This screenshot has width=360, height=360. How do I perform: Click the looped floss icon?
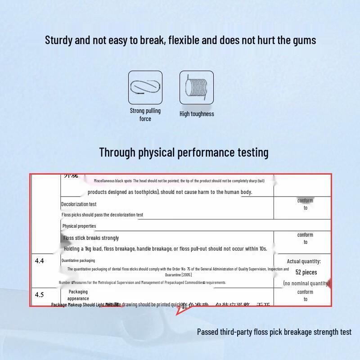pos(145,87)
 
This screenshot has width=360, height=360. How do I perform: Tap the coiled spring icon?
pos(197,87)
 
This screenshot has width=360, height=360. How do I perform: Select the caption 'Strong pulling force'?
pos(145,115)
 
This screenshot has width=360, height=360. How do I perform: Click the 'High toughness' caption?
pos(197,114)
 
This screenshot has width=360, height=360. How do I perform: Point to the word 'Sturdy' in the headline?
pos(58,40)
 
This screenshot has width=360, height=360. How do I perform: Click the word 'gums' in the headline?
pos(303,40)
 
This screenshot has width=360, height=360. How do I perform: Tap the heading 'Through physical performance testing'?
pos(184,153)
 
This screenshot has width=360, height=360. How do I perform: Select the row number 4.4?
pos(40,261)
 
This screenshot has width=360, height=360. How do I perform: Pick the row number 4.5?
pos(40,295)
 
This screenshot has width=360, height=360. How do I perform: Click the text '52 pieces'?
pos(306,272)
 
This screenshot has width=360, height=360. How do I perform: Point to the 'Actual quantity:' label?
pos(304,261)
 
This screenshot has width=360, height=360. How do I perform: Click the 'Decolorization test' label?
pos(79,204)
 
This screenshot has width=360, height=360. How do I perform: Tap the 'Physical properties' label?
pos(79,226)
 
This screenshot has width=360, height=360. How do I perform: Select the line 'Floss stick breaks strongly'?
pos(91,238)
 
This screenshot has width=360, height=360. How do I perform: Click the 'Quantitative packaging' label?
pos(78,261)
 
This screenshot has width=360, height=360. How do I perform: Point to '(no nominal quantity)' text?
pos(306,283)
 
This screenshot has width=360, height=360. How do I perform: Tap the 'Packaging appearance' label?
pos(78,295)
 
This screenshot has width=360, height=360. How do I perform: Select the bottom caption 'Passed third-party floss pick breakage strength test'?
pos(274,332)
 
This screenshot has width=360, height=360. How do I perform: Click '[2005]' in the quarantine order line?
pos(187,274)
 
